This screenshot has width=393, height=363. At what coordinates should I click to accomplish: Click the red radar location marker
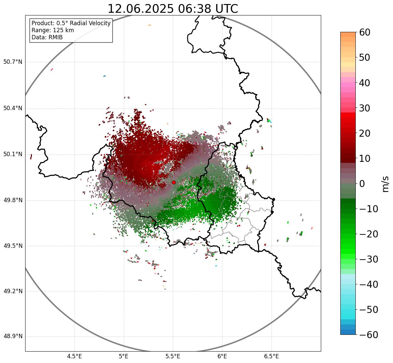(174, 182)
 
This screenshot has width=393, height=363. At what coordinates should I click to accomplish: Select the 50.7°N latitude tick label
(13, 62)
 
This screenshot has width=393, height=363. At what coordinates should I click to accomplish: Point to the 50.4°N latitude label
(13, 108)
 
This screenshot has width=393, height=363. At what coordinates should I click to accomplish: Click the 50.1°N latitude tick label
(13, 154)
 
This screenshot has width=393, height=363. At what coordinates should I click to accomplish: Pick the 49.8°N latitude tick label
(13, 200)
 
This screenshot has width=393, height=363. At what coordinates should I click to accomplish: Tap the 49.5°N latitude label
(13, 246)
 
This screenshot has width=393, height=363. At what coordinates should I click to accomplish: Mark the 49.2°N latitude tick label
(13, 291)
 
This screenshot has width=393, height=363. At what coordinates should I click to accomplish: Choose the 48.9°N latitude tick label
(13, 336)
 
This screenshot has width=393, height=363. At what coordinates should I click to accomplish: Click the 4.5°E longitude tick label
(75, 356)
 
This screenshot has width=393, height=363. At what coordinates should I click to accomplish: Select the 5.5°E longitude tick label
(173, 356)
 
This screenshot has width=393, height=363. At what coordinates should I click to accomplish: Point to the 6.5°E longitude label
(271, 356)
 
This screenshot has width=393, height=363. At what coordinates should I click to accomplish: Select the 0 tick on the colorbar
(362, 184)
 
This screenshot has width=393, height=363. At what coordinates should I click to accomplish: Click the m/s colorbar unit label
(385, 184)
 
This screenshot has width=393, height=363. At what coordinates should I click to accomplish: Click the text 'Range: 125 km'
(53, 30)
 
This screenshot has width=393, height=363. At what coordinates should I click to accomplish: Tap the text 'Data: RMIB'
(47, 37)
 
